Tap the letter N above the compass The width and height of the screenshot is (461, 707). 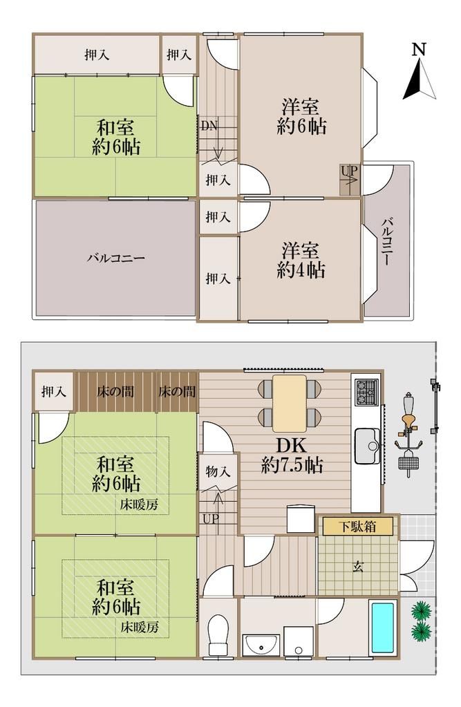pyautogui.click(x=417, y=49)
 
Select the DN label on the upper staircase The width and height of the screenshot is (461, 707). pyautogui.click(x=209, y=126)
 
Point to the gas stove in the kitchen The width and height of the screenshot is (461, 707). pyautogui.click(x=365, y=392)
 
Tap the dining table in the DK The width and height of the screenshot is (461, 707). pyautogui.click(x=290, y=403)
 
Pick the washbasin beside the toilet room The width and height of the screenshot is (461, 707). pyautogui.click(x=261, y=643)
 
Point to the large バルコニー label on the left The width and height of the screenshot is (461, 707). pyautogui.click(x=115, y=258)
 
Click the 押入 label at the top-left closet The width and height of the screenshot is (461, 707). pyautogui.click(x=97, y=55)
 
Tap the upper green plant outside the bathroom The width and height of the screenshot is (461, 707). pyautogui.click(x=420, y=611)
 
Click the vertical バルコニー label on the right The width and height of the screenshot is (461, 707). pyautogui.click(x=388, y=241)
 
